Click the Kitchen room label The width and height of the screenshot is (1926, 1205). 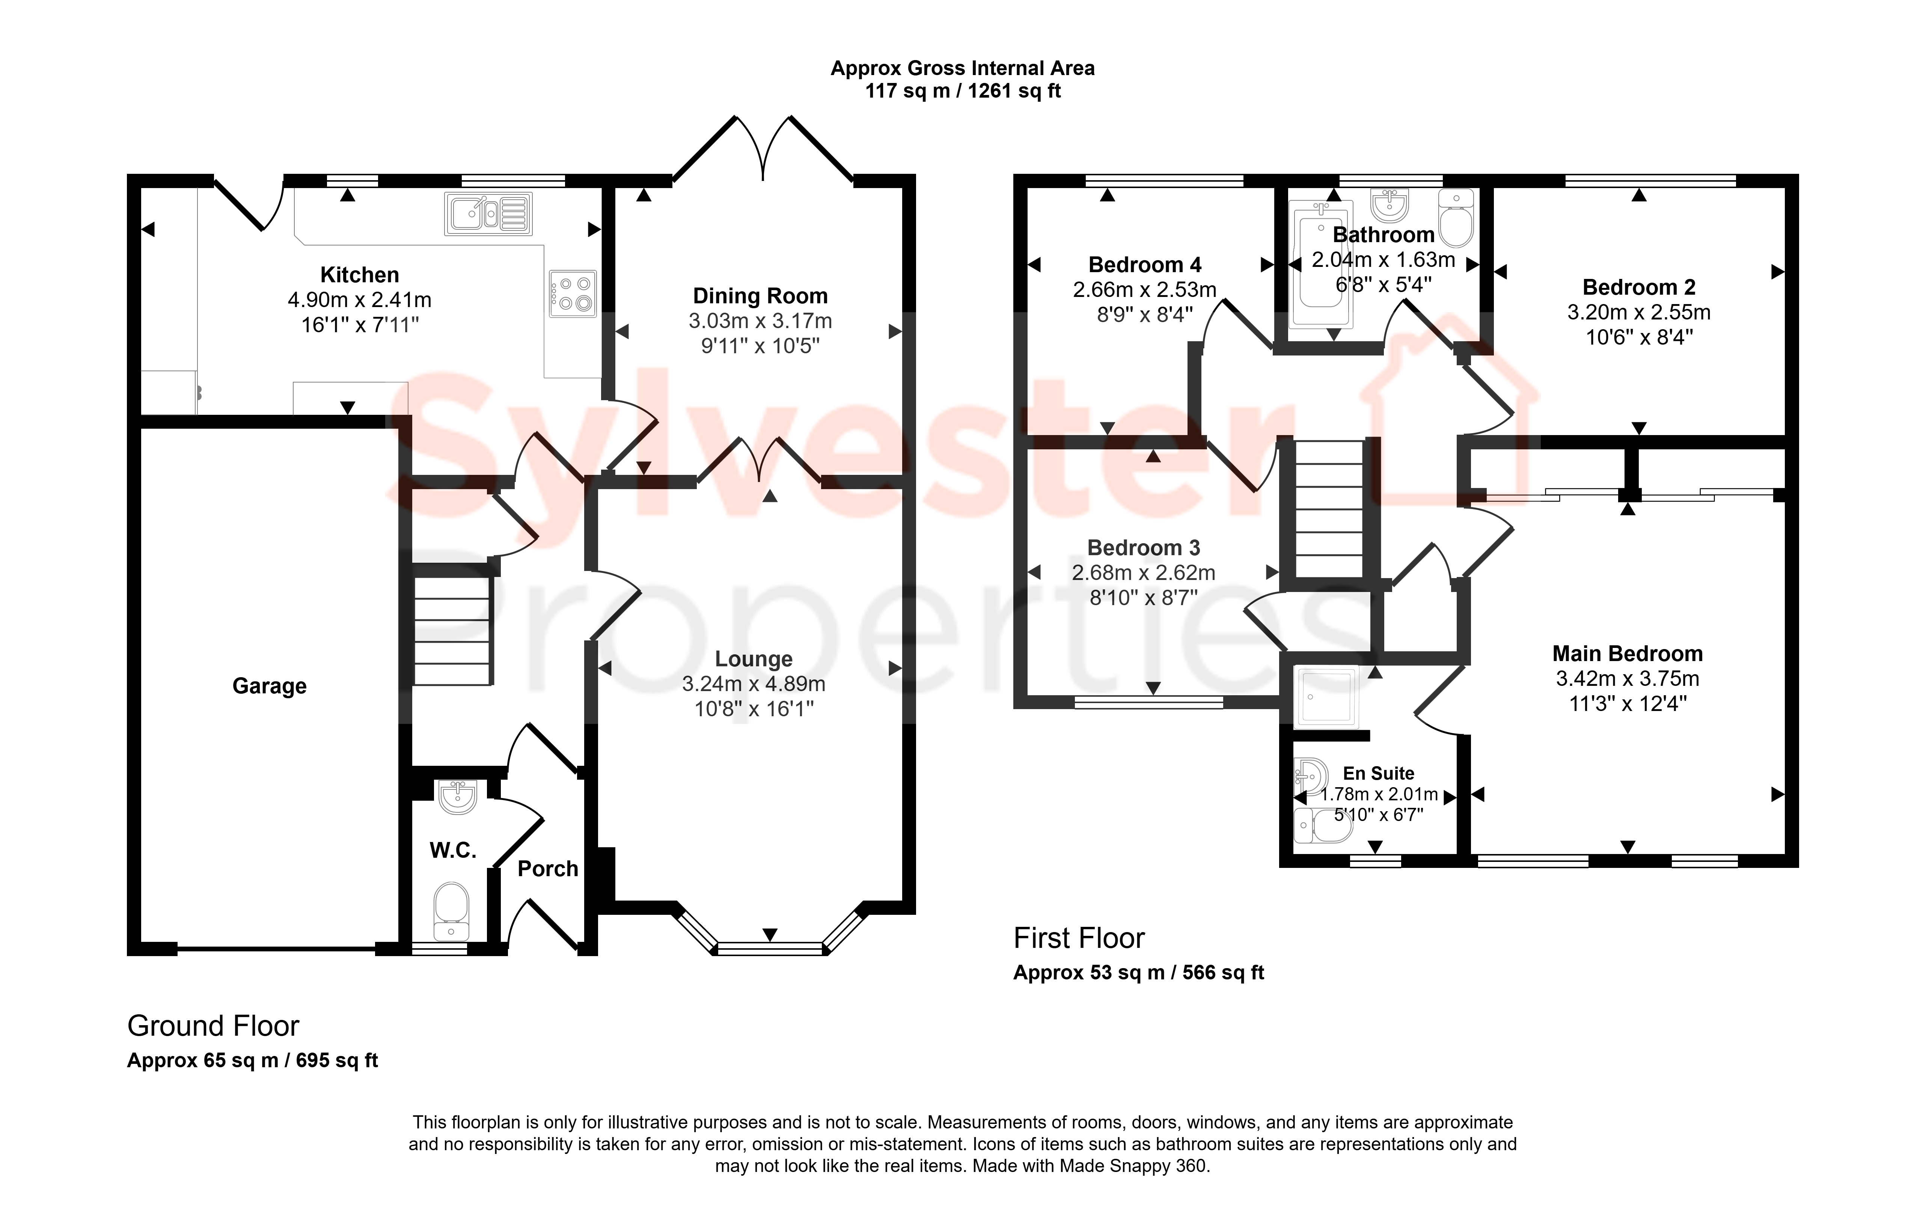(x=359, y=275)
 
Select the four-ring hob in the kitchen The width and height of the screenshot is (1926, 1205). (x=572, y=293)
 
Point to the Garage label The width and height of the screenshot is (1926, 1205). (x=269, y=686)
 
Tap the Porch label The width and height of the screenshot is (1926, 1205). (x=547, y=869)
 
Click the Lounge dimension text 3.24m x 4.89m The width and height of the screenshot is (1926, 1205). (x=753, y=684)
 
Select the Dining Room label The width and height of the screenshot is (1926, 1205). (x=760, y=297)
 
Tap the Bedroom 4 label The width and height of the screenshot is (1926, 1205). (x=1145, y=265)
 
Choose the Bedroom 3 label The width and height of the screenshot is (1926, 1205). (x=1144, y=548)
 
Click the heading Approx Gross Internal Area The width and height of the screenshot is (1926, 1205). (x=963, y=69)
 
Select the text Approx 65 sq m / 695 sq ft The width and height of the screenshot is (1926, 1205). (x=253, y=1061)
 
